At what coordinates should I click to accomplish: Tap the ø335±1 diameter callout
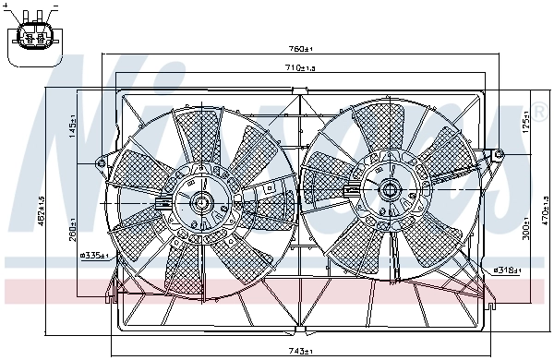95,256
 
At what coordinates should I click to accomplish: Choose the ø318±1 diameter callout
508,270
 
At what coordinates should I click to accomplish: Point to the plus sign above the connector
7,6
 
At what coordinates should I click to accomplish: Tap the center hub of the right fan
389,190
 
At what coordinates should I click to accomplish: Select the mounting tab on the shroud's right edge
497,154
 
